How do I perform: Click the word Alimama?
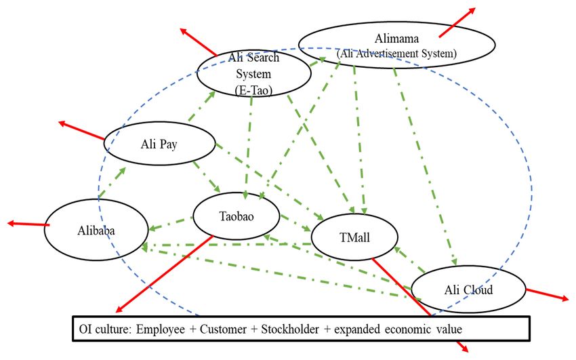(x=396, y=38)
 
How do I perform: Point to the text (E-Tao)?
(x=253, y=90)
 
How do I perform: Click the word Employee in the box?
(x=161, y=329)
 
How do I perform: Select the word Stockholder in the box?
(x=290, y=329)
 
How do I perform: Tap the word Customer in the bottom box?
(x=223, y=329)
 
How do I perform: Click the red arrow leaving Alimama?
(x=457, y=22)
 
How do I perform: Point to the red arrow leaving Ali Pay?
(x=81, y=130)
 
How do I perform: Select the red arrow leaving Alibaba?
(x=28, y=224)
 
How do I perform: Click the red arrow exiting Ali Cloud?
(x=548, y=294)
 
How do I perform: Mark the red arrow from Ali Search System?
(x=199, y=42)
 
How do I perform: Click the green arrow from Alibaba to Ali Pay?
(x=112, y=182)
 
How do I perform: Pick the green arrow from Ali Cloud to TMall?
(x=409, y=260)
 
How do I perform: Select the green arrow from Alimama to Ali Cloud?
(x=425, y=166)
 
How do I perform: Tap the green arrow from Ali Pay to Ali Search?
(x=202, y=106)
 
